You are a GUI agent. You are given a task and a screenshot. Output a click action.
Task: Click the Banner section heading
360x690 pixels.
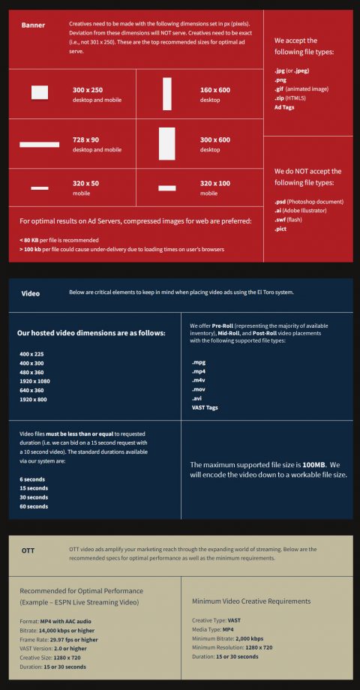click(x=33, y=25)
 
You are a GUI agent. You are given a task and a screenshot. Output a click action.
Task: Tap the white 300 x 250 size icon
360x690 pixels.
click(x=40, y=93)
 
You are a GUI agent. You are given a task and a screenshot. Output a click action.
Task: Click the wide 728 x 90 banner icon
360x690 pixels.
click(x=40, y=144)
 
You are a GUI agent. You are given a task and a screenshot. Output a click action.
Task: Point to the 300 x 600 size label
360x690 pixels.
click(x=215, y=139)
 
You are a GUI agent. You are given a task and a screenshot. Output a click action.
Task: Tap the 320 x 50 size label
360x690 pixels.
click(x=85, y=183)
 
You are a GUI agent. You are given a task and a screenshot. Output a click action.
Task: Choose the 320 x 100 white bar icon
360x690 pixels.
click(x=166, y=187)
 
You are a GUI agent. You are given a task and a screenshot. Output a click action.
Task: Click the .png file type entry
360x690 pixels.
click(x=281, y=79)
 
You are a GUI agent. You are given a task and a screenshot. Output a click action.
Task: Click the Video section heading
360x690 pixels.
click(x=31, y=293)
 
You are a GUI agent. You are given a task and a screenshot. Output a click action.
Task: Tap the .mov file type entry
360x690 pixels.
click(x=199, y=390)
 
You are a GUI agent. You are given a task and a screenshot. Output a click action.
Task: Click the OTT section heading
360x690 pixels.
click(x=28, y=550)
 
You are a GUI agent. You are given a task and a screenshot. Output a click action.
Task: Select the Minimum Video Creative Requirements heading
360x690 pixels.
click(x=250, y=601)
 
